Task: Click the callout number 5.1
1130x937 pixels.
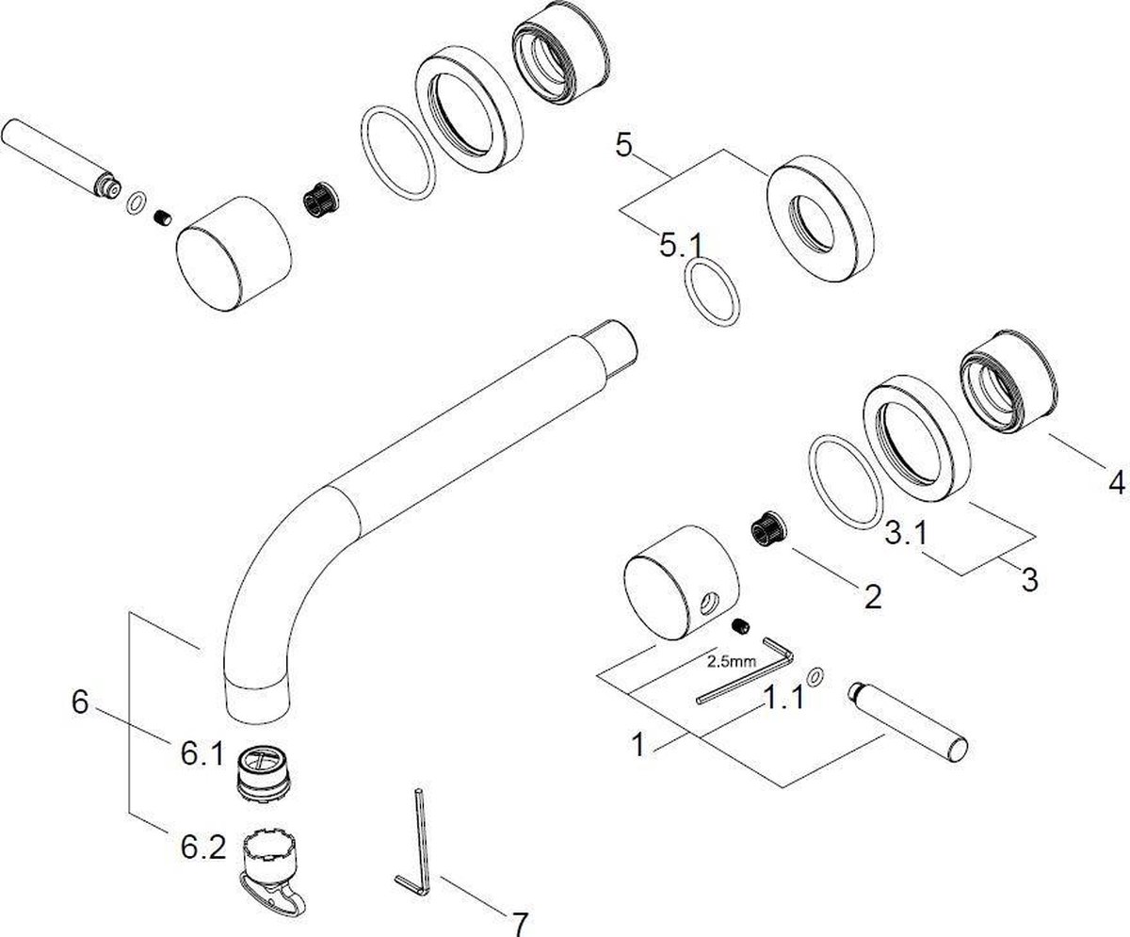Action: click(681, 245)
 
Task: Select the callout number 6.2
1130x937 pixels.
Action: click(203, 848)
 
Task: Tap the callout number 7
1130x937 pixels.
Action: click(519, 923)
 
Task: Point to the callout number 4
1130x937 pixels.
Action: click(1116, 482)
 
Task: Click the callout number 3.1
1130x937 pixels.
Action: click(906, 533)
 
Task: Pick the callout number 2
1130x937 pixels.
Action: click(873, 596)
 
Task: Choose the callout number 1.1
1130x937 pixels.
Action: click(783, 698)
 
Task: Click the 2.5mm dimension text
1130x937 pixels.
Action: click(732, 661)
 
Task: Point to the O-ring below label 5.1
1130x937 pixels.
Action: click(712, 293)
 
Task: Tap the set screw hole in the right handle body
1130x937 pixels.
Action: click(709, 602)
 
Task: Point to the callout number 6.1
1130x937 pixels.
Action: click(202, 754)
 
